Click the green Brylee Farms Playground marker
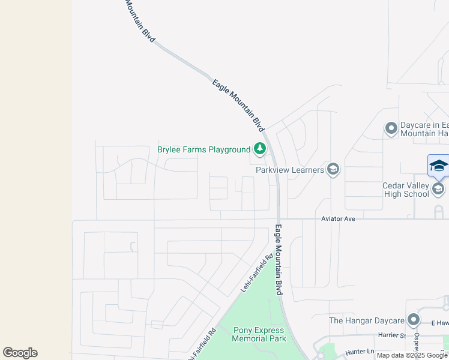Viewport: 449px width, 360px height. coord(259,149)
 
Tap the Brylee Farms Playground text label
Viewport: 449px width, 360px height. coord(203,149)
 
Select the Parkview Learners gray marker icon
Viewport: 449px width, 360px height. coord(333,170)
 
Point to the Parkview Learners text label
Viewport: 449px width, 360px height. coord(290,170)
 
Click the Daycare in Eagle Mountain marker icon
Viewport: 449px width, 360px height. coord(391,128)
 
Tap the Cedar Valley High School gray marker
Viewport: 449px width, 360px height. coord(438,190)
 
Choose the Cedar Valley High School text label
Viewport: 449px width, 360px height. coord(406,190)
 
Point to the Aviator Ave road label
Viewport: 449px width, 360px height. coord(339,219)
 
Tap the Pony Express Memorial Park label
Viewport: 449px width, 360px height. coord(259,334)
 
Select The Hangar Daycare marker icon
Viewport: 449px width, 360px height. coord(413,320)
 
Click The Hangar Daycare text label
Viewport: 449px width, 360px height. coord(365,320)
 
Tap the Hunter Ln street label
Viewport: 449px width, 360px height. coord(360,352)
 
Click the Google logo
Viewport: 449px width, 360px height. coord(20,353)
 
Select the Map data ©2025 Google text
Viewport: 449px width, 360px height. coord(412,355)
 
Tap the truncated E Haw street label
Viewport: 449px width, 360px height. coord(439,323)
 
